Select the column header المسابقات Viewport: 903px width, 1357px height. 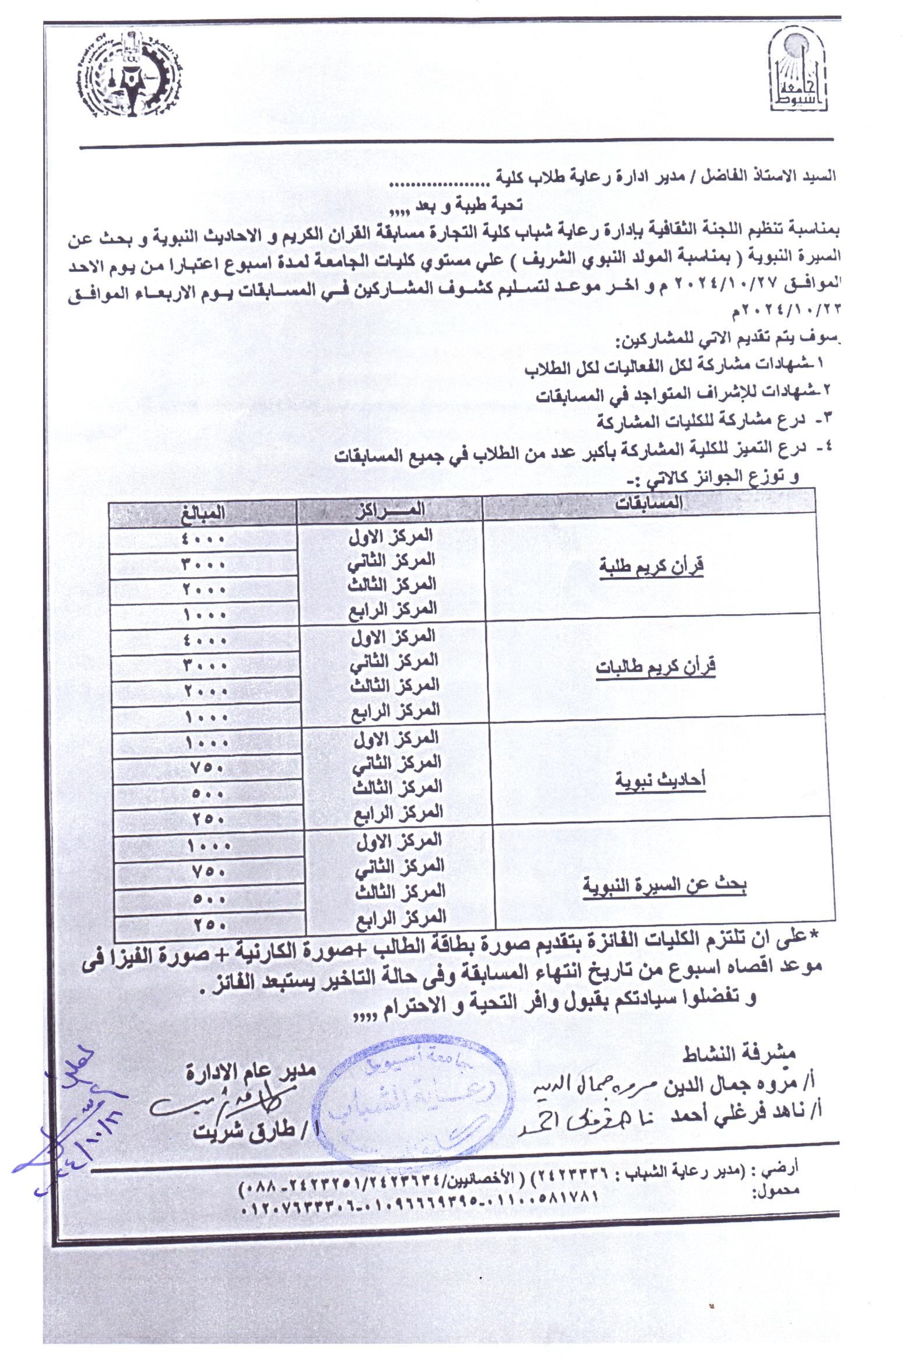(649, 502)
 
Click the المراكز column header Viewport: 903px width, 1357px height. (391, 509)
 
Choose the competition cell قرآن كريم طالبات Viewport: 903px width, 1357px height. (655, 667)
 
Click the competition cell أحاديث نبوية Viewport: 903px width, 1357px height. (660, 780)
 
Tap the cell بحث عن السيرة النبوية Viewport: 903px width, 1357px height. (665, 885)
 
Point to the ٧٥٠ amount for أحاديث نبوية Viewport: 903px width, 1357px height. (208, 768)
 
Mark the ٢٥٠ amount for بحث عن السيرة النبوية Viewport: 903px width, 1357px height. (209, 924)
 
